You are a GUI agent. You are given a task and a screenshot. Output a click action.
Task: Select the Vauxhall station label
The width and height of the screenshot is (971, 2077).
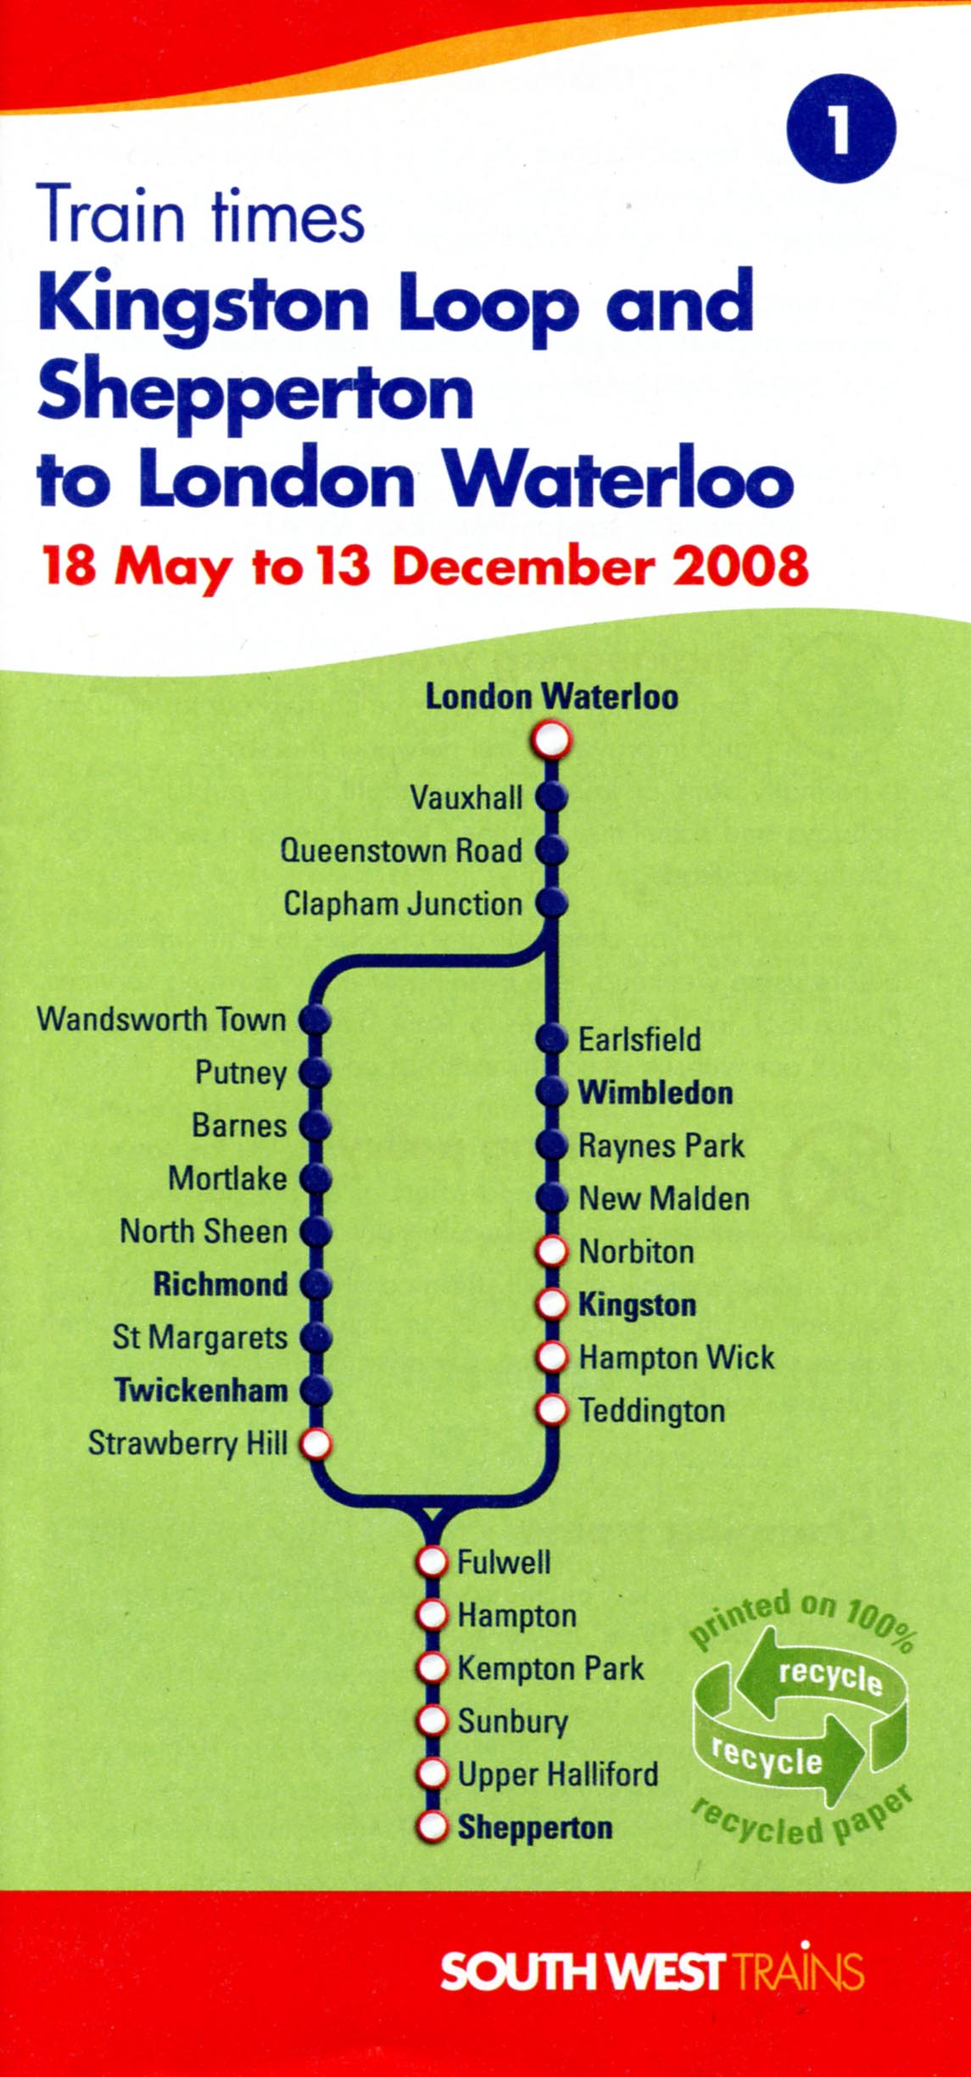466,798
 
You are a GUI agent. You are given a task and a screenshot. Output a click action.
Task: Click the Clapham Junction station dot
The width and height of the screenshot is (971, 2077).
551,904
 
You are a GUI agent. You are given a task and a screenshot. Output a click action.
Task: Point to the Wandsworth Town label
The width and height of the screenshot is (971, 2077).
161,1019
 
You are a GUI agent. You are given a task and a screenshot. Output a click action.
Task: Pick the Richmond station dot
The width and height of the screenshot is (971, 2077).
315,1284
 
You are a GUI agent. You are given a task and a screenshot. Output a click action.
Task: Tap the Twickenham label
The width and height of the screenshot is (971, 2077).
201,1390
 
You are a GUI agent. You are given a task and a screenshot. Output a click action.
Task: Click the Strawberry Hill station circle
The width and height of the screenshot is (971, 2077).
315,1443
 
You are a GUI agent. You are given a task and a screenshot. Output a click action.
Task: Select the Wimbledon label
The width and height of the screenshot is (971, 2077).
656,1093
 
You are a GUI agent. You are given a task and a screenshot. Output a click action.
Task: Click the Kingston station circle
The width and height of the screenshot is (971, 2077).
552,1305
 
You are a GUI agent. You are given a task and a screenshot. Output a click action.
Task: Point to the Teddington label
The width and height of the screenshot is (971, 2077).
652,1411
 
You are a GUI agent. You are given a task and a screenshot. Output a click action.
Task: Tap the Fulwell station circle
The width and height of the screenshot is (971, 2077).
432,1562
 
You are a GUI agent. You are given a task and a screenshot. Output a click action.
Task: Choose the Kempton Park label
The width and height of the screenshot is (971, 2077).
550,1668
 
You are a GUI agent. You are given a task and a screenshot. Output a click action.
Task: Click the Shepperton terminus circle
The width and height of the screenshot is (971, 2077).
432,1827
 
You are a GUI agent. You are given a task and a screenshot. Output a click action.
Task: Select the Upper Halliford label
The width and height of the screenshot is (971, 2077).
558,1774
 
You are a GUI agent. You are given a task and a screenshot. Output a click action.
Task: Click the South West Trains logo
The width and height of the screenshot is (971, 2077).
652,1972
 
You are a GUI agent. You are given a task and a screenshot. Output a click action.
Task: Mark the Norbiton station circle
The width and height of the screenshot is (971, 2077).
552,1251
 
